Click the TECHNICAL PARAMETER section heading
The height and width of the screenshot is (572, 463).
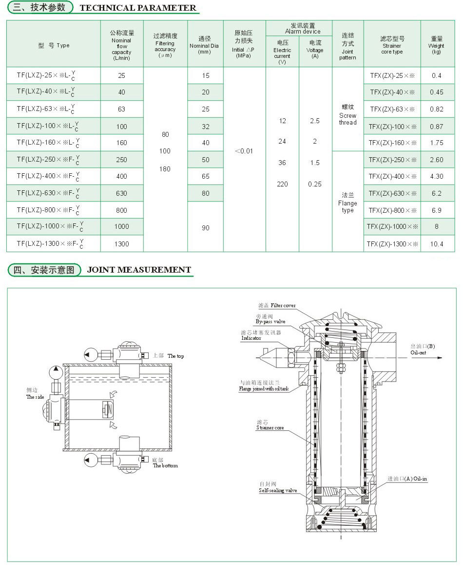[137, 8]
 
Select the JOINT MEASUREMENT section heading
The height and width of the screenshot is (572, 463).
[139, 270]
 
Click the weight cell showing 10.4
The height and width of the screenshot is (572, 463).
[436, 243]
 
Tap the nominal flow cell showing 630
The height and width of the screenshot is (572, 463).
[121, 193]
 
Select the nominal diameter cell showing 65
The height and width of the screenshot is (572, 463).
[205, 176]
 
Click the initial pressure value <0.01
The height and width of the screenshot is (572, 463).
[244, 151]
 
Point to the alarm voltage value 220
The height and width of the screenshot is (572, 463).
[282, 184]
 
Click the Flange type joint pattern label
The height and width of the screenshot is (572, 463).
[347, 203]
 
